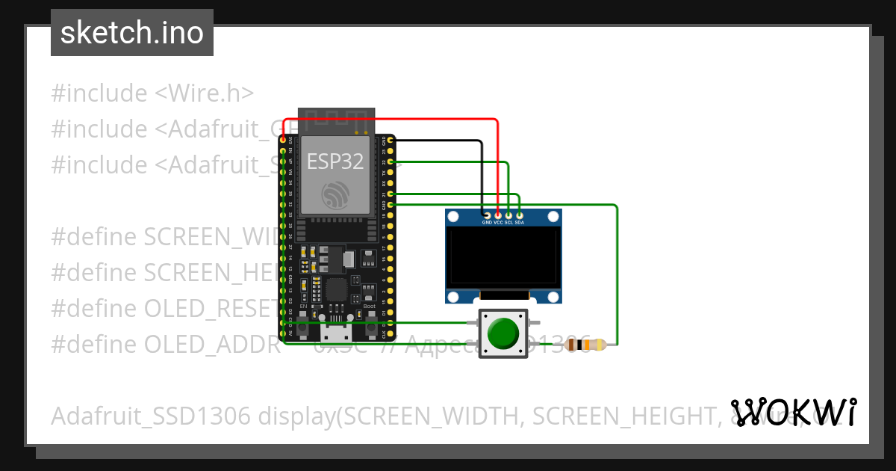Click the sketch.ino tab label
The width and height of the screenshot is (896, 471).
click(x=132, y=33)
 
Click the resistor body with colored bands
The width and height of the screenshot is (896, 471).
click(x=585, y=345)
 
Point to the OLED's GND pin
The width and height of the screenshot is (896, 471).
click(x=487, y=215)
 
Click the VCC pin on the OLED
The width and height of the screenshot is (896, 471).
click(x=498, y=215)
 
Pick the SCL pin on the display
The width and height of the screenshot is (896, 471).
click(x=508, y=215)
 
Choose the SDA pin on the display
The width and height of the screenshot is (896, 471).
click(x=520, y=215)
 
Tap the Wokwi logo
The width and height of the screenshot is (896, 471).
click(x=793, y=412)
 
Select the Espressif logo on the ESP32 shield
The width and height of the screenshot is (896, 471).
click(x=335, y=195)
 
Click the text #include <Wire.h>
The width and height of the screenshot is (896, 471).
click(x=152, y=93)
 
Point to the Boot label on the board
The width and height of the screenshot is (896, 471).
click(x=370, y=307)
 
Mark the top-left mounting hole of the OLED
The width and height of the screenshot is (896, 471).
click(x=453, y=217)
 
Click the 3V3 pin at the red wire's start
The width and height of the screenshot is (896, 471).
click(x=284, y=140)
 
